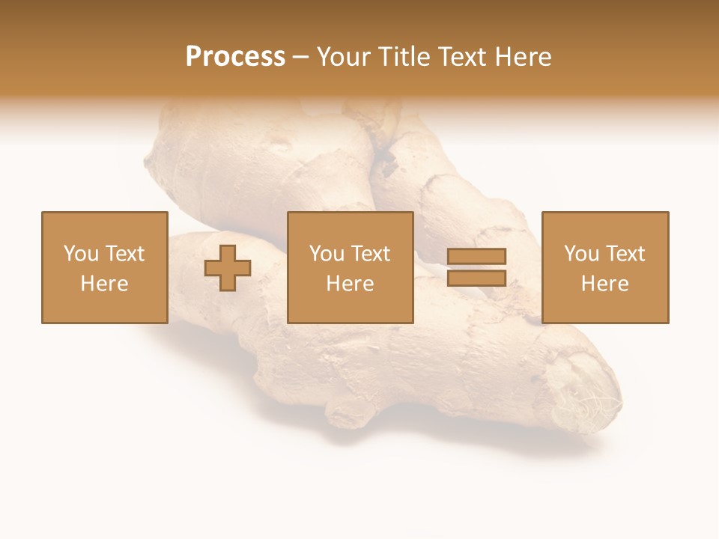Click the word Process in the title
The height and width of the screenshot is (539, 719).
(x=235, y=57)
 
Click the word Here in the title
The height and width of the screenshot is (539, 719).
(x=524, y=57)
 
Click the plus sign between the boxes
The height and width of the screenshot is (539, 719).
(x=228, y=269)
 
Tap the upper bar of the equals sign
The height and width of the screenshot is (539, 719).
(x=476, y=256)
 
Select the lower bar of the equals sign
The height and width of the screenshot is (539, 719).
(x=476, y=278)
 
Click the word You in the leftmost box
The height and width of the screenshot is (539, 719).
(x=81, y=254)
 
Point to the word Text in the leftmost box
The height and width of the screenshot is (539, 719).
(x=124, y=254)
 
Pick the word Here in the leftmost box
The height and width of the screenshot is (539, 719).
(x=104, y=284)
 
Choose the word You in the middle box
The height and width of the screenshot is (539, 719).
(x=327, y=254)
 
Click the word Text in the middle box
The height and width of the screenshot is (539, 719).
(x=370, y=254)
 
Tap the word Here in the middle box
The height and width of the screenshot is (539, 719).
(x=350, y=284)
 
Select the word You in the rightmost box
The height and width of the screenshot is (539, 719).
(x=581, y=254)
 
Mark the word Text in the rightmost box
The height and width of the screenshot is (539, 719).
(x=625, y=254)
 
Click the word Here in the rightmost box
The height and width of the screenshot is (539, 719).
(x=604, y=284)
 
